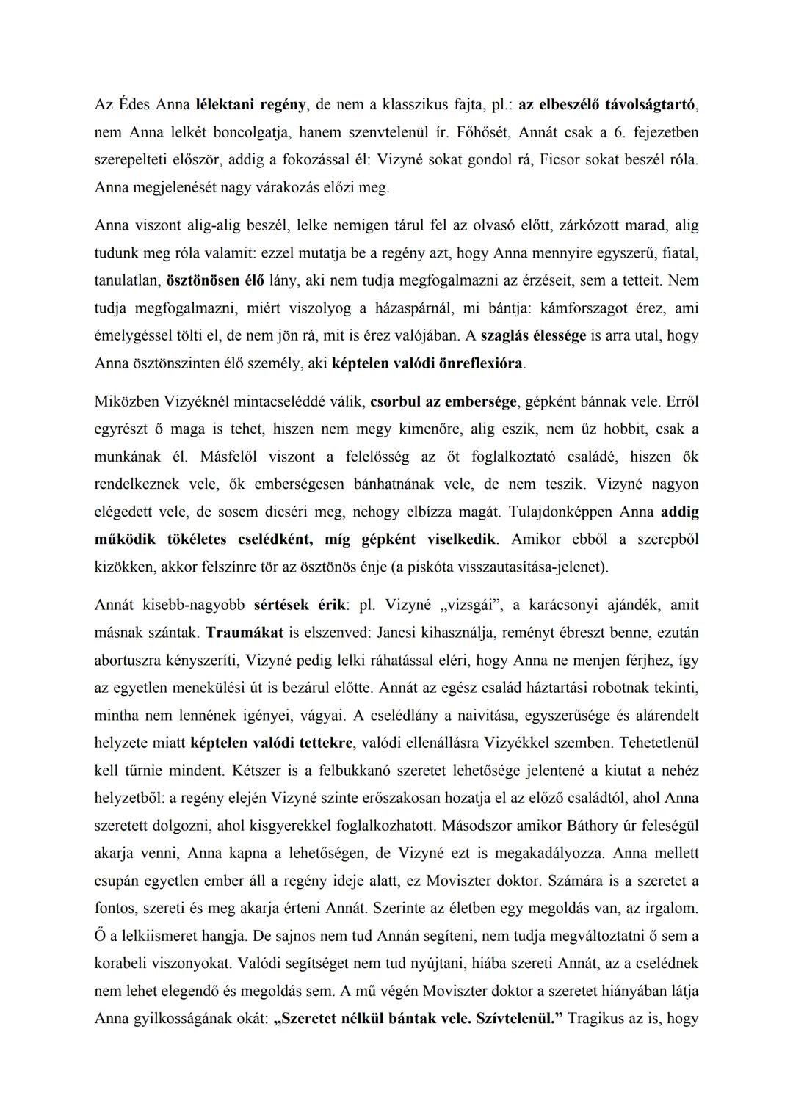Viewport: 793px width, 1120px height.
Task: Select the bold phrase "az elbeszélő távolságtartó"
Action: [x=607, y=105]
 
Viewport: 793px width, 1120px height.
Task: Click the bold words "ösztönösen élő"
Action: [x=215, y=281]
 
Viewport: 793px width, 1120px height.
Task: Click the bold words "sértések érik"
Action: [x=300, y=606]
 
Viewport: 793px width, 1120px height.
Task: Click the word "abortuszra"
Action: [x=131, y=661]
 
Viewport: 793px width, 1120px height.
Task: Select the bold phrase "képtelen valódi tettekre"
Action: [x=271, y=743]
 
